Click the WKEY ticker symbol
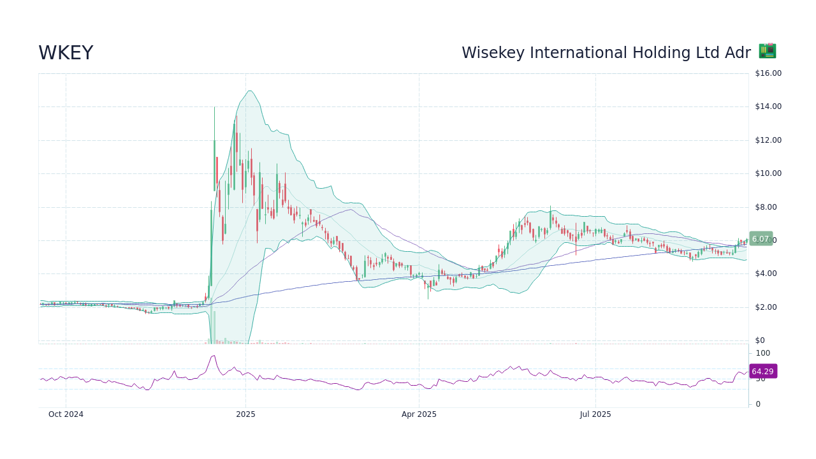(x=66, y=54)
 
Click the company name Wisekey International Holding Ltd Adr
(x=606, y=54)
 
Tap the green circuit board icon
(x=767, y=51)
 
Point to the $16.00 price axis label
(x=768, y=73)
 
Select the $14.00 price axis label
(x=768, y=106)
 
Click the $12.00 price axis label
(x=768, y=140)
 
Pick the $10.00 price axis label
(x=768, y=173)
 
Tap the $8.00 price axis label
(x=766, y=207)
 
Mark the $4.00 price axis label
(x=766, y=273)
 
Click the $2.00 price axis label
(x=766, y=307)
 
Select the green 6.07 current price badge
(x=761, y=239)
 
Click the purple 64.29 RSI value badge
(x=762, y=372)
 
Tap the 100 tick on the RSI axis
(x=762, y=353)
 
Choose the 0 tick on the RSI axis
(x=758, y=404)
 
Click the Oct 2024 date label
(x=66, y=414)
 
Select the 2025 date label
(x=245, y=414)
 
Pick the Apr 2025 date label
(x=419, y=414)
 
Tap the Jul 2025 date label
(x=595, y=414)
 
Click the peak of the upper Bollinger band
(x=249, y=91)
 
